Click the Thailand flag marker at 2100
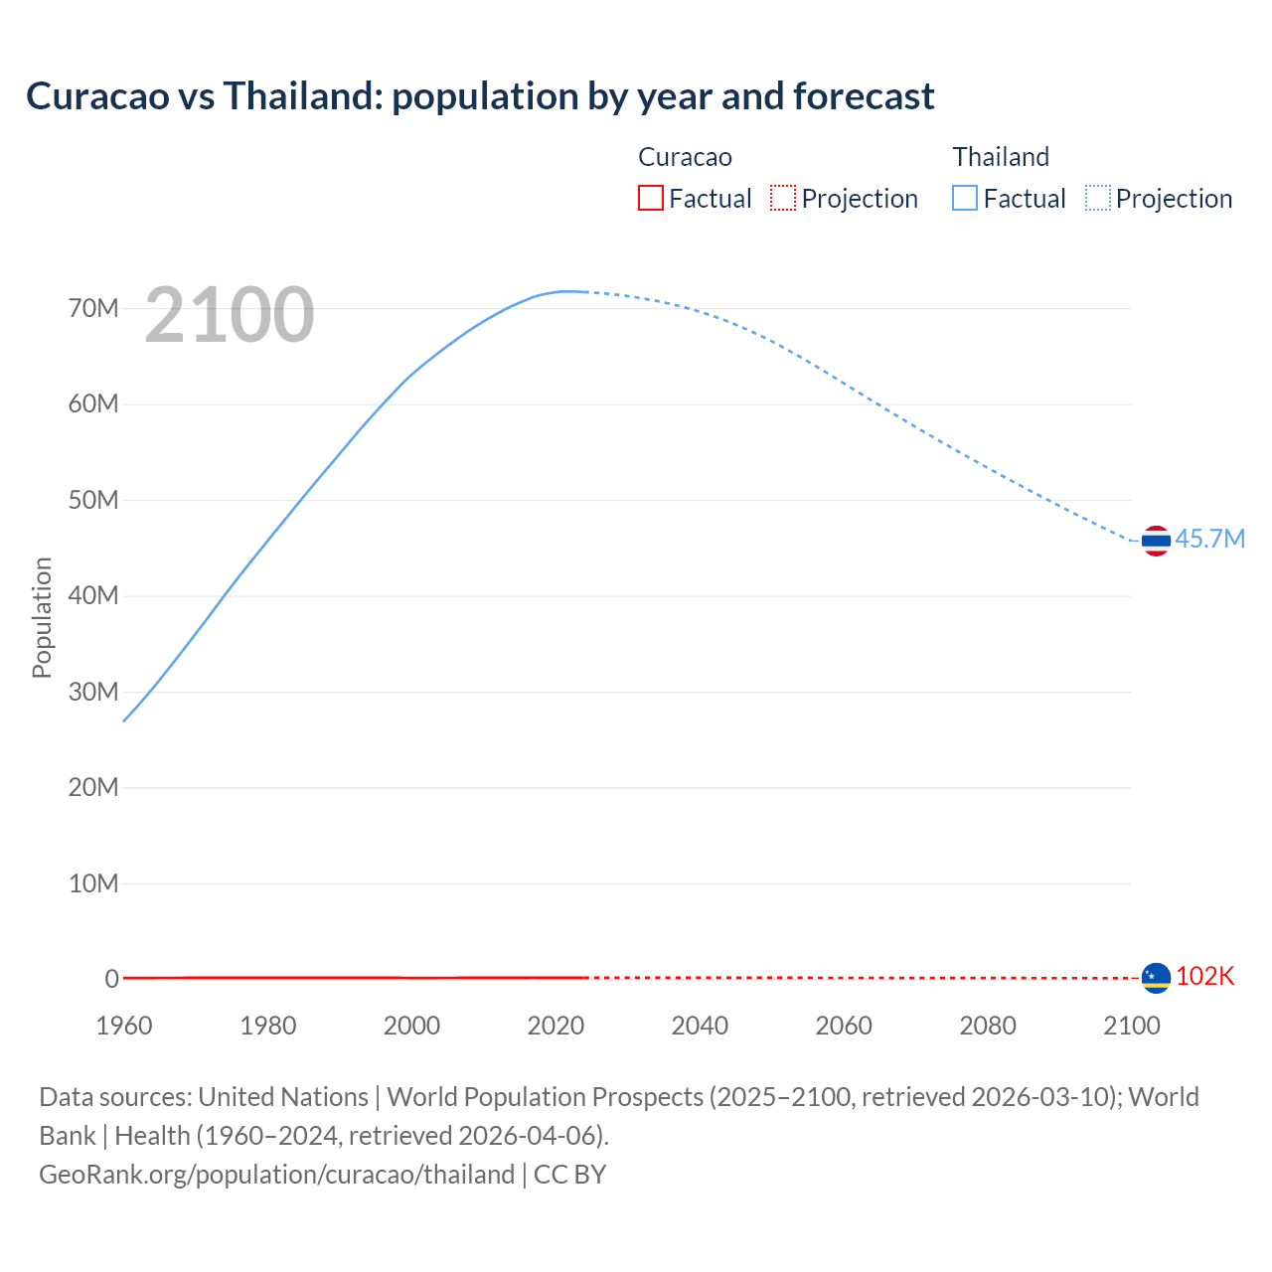click(x=1156, y=541)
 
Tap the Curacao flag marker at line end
click(x=1156, y=978)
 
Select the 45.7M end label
click(x=1209, y=539)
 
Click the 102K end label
click(x=1204, y=976)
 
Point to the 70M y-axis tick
click(x=93, y=308)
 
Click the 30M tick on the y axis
click(x=93, y=692)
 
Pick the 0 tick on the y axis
click(x=112, y=979)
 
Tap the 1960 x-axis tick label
click(x=124, y=1026)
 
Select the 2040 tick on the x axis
click(x=700, y=1026)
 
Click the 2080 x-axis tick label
click(x=988, y=1026)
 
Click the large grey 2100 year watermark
click(x=230, y=315)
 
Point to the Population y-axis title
click(x=42, y=617)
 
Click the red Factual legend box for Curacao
click(x=650, y=198)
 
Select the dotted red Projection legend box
click(x=783, y=198)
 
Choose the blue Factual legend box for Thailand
click(x=964, y=198)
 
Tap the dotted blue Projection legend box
click(x=1098, y=198)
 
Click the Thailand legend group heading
click(x=1001, y=157)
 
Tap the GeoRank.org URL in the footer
click(x=276, y=1174)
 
